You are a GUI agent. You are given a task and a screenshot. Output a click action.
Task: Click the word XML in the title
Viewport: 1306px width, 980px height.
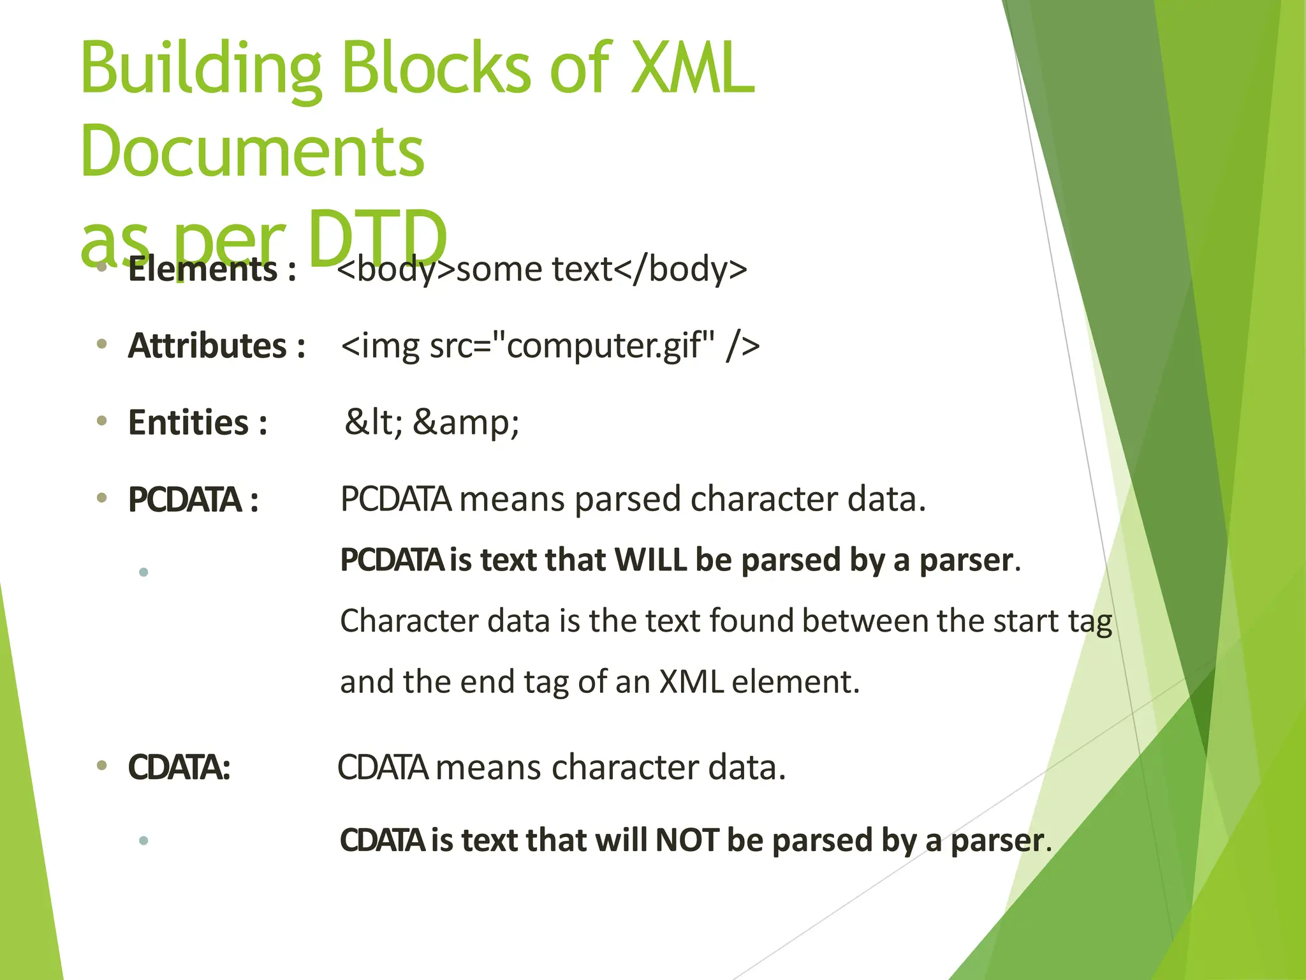(x=692, y=69)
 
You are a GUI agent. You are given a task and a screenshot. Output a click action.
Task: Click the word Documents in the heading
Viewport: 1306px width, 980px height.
(x=252, y=152)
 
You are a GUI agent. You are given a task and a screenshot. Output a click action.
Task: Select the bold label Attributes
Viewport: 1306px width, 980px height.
(x=207, y=346)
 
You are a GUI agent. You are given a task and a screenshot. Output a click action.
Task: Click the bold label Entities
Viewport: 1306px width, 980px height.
(x=189, y=422)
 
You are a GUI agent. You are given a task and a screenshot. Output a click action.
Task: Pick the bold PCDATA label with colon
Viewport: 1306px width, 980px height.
(x=193, y=500)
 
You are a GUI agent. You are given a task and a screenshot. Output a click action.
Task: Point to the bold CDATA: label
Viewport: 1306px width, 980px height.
(x=179, y=768)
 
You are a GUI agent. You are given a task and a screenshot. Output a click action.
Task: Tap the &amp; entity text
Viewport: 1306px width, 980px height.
(x=466, y=422)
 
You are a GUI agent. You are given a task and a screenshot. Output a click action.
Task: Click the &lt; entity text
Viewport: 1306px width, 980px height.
(x=374, y=422)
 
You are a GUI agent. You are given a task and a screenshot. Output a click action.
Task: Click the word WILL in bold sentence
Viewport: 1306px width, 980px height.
(x=651, y=560)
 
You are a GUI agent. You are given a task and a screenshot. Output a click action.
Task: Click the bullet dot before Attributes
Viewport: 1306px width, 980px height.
(x=101, y=345)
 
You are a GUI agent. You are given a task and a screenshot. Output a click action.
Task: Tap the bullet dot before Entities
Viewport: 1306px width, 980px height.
(x=101, y=421)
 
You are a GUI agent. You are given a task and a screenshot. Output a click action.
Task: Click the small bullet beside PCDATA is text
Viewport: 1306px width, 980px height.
(x=143, y=572)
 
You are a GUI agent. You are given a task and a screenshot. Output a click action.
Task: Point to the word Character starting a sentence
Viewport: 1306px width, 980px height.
(x=409, y=621)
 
